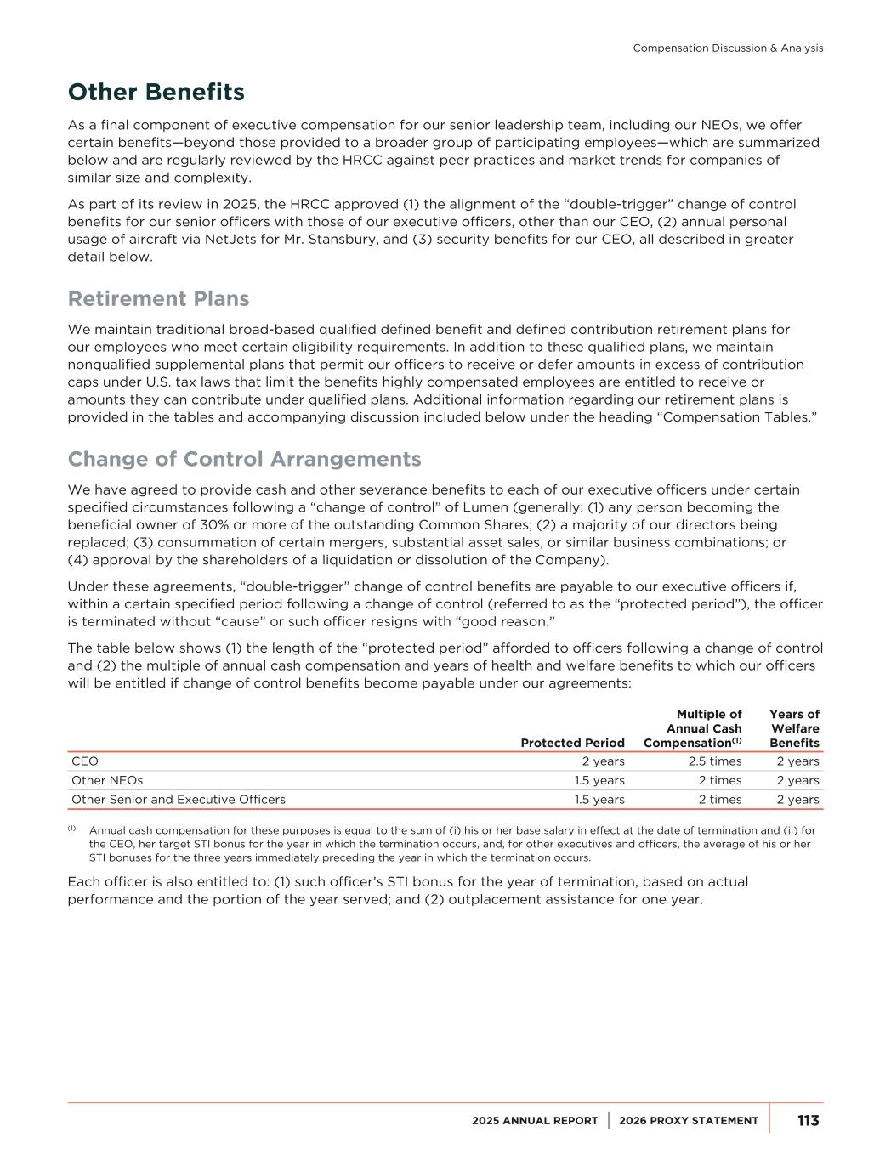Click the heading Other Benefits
(x=156, y=92)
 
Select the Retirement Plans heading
(x=158, y=299)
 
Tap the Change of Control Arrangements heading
(x=244, y=459)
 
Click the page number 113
(x=808, y=1121)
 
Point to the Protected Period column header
(x=572, y=743)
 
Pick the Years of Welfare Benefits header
(x=794, y=728)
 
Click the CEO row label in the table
(x=85, y=761)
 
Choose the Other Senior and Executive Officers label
(x=179, y=799)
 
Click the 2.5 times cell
(x=714, y=761)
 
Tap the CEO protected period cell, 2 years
(x=603, y=761)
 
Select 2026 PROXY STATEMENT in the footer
(x=689, y=1121)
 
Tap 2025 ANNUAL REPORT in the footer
(x=535, y=1121)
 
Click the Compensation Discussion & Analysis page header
(x=728, y=48)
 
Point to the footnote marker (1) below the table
(x=72, y=829)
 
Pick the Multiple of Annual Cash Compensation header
(x=693, y=728)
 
